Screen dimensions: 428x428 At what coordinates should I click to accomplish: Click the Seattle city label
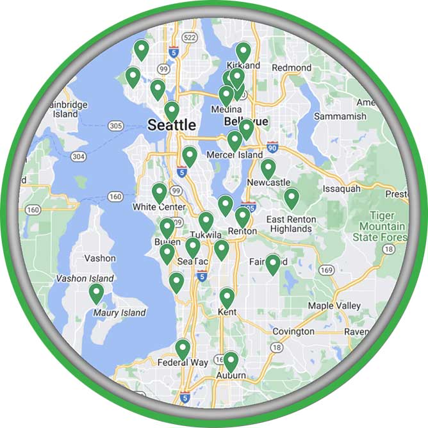[x=172, y=125]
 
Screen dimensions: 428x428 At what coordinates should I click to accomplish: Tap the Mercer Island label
[x=235, y=155]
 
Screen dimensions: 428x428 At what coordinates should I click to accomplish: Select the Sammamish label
[x=340, y=117]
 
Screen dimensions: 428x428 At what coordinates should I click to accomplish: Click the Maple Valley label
[x=334, y=306]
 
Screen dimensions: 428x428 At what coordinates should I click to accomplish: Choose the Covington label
[x=293, y=332]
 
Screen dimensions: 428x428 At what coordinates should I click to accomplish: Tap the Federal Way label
[x=183, y=363]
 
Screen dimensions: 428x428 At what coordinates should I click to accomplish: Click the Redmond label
[x=292, y=67]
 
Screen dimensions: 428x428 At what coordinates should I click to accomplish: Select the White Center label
[x=159, y=207]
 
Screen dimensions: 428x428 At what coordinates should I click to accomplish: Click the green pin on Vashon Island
[x=96, y=293]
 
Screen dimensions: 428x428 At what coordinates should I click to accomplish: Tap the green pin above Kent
[x=227, y=297]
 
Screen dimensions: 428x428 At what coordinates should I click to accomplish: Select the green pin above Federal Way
[x=183, y=349]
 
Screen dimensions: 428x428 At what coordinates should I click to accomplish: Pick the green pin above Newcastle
[x=268, y=169]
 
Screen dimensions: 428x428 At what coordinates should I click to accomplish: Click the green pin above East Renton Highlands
[x=292, y=198]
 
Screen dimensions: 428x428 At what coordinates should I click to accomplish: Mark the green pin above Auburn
[x=230, y=361]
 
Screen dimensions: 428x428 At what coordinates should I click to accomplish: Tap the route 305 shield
[x=116, y=126]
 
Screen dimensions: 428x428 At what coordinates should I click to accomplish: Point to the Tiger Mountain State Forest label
[x=382, y=227]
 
